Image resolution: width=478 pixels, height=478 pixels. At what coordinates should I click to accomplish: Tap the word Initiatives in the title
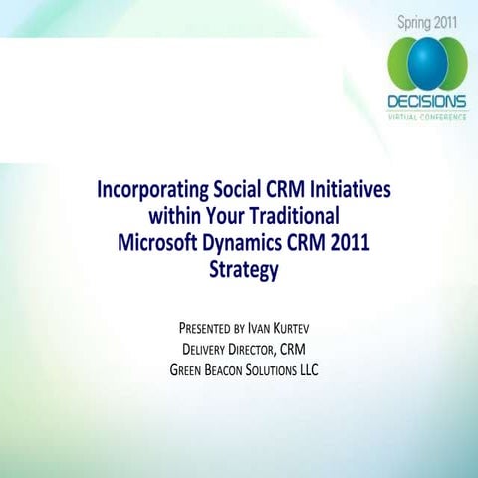(x=348, y=189)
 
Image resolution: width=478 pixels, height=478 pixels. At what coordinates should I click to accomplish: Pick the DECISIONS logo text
(x=426, y=102)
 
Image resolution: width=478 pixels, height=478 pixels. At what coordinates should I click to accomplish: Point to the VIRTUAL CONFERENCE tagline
(x=426, y=116)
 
